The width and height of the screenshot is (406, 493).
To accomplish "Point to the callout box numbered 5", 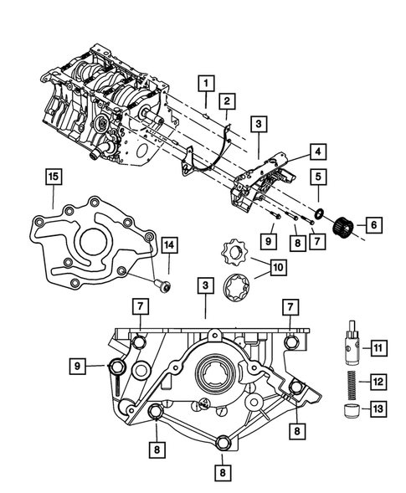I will pos(319,177).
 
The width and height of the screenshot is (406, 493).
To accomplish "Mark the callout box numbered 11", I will pos(378,347).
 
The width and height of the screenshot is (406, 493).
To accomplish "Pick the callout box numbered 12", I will pos(378,382).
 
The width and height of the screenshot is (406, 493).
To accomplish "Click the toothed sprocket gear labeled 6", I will pos(342,224).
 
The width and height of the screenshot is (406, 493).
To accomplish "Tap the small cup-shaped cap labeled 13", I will pos(351,409).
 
